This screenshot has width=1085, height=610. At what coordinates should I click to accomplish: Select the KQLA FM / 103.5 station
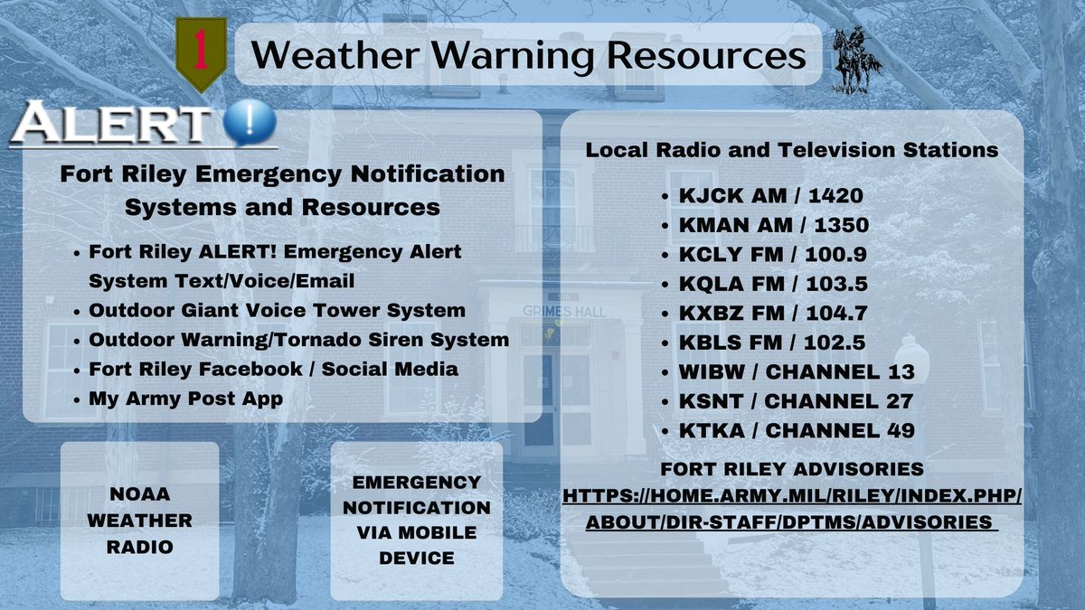pyautogui.click(x=772, y=284)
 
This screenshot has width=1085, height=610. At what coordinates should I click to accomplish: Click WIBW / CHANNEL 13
pyautogui.click(x=796, y=372)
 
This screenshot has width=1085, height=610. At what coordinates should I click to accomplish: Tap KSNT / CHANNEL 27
pyautogui.click(x=796, y=401)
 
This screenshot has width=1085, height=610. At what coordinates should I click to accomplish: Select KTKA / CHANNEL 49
pyautogui.click(x=796, y=431)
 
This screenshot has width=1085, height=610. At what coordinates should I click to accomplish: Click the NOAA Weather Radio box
pyautogui.click(x=139, y=521)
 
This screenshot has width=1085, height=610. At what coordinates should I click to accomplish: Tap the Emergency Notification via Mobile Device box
pyautogui.click(x=416, y=521)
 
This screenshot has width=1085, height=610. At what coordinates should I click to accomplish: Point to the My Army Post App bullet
pyautogui.click(x=186, y=399)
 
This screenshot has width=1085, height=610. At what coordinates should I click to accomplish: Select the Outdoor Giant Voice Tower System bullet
pyautogui.click(x=278, y=310)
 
